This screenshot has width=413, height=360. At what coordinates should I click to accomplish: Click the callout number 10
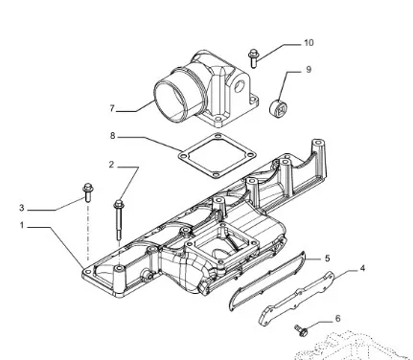point(309,43)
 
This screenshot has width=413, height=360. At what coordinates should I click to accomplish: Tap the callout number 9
point(309,70)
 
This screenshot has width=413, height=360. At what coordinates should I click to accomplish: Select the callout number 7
point(112,108)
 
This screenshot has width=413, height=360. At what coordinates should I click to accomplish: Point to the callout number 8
point(112,136)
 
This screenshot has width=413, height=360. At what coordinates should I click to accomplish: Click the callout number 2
point(111,165)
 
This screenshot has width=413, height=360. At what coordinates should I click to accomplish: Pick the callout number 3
point(21,208)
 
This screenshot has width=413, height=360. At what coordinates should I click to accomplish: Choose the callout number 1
point(22,225)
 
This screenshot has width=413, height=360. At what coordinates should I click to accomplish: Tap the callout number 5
point(328,259)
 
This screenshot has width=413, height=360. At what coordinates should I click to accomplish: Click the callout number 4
point(362,268)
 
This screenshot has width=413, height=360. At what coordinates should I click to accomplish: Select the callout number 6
point(337,319)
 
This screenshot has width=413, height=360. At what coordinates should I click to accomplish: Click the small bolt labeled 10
point(253,58)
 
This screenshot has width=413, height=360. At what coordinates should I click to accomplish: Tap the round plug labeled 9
point(278,108)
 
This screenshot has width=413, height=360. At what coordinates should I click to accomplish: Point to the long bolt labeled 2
point(119,219)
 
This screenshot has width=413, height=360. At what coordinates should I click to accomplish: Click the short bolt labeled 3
point(87,192)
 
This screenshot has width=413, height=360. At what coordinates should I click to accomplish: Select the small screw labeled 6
point(301,330)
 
